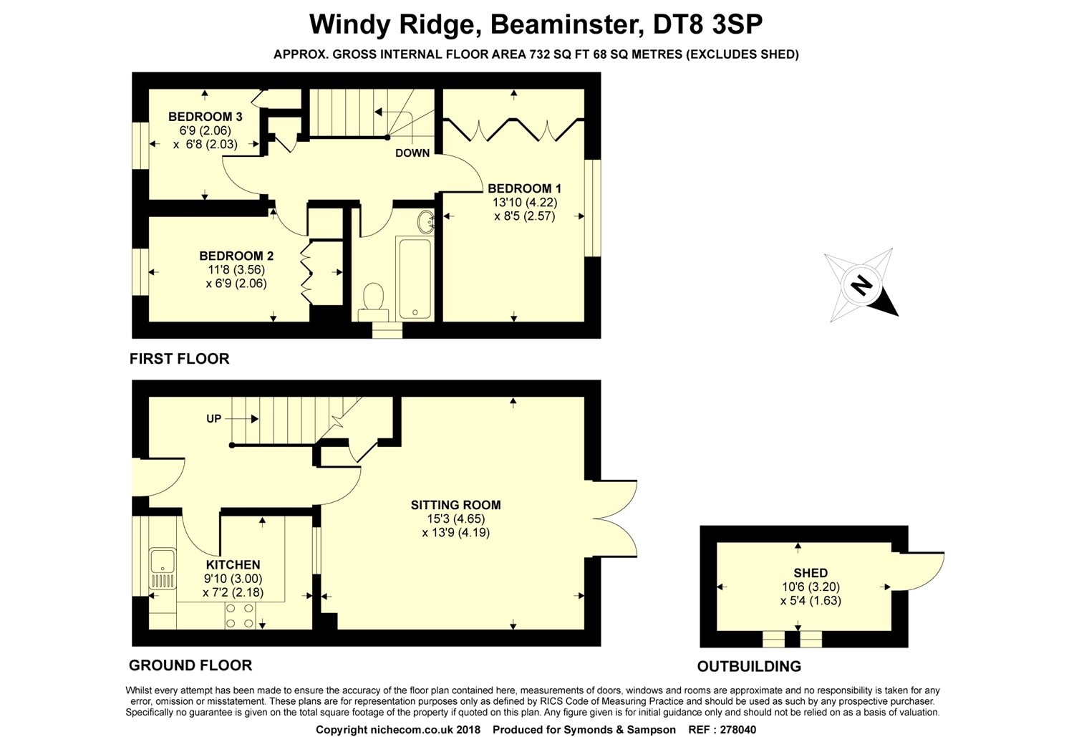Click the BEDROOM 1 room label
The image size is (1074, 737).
[x=521, y=189]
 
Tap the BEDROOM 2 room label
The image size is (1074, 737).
[x=236, y=256]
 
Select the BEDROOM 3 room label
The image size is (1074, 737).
[x=205, y=117]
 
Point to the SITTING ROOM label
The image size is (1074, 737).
[x=455, y=505]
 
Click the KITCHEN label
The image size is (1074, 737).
[x=233, y=565]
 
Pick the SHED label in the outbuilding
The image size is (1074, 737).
[x=811, y=573]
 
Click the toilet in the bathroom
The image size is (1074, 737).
[x=373, y=299]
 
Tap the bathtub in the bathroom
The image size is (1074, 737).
[x=414, y=279]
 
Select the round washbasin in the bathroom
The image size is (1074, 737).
[x=426, y=222]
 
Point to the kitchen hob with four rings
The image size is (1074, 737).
[x=241, y=615]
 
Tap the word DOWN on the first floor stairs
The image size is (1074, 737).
[x=412, y=153]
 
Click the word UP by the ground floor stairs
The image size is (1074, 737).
[x=213, y=418]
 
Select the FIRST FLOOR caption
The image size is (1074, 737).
[x=179, y=359]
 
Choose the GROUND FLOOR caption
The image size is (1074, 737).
[x=190, y=665]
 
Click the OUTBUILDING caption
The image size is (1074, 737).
[x=749, y=667]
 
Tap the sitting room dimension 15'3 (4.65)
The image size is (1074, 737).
[x=455, y=519]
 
